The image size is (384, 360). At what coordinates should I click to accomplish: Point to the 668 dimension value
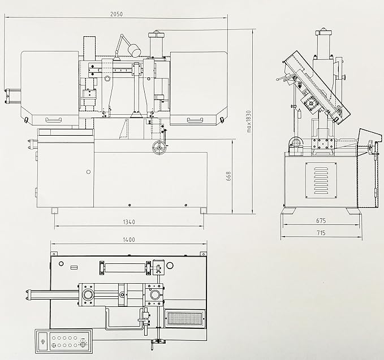click(x=228, y=176)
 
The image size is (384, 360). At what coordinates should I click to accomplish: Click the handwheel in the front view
click(x=159, y=149)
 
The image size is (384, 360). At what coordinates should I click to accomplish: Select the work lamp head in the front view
click(x=134, y=50)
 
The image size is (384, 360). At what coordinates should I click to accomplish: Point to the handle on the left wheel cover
click(x=54, y=119)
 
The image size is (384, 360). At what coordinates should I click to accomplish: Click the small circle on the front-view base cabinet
click(x=88, y=172)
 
